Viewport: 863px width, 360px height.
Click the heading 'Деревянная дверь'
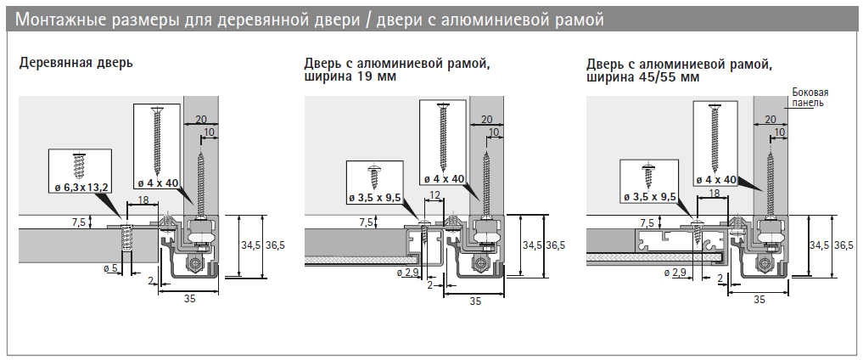[x=77, y=64]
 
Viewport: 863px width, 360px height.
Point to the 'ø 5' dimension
[x=109, y=268]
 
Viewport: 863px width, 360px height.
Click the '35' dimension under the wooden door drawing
[x=190, y=300]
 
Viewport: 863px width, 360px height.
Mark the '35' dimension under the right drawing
[x=759, y=300]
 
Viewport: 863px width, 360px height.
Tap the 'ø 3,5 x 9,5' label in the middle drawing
[x=374, y=197]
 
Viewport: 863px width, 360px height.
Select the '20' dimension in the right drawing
[x=771, y=121]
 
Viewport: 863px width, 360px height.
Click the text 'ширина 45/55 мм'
[x=642, y=76]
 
